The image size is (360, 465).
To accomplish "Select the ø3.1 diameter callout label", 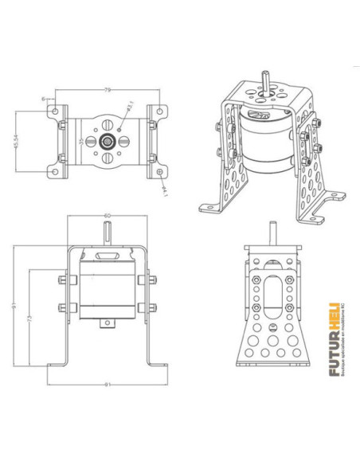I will [130, 105].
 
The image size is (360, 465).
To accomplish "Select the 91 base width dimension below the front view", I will [106, 386].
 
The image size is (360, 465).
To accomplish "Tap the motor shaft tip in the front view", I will [106, 232].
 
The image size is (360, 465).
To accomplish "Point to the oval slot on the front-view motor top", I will [106, 256].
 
